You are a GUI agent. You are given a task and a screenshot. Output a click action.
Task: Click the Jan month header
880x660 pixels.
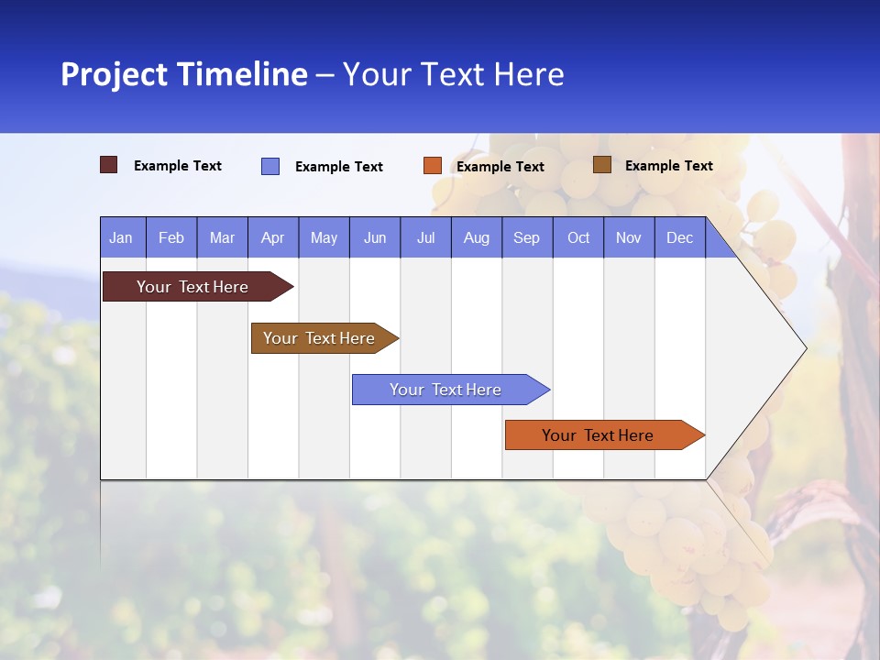(122, 237)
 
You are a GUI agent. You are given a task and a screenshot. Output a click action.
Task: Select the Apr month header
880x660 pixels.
(273, 237)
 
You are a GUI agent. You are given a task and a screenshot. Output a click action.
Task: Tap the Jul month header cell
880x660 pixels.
(425, 237)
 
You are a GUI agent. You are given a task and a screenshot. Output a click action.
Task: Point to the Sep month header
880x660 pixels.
(527, 237)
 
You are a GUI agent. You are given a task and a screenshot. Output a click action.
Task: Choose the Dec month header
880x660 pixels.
(679, 237)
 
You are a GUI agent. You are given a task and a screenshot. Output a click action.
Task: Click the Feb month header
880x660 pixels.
(171, 237)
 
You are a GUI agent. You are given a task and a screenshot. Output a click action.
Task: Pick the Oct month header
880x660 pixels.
(578, 237)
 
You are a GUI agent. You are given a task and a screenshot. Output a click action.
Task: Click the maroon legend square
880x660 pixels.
(109, 165)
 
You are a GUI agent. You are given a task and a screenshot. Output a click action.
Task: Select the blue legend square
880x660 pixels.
(270, 166)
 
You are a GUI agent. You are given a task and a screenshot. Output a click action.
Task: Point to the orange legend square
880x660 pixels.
(433, 166)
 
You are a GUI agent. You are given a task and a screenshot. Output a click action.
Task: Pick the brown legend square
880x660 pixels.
(602, 165)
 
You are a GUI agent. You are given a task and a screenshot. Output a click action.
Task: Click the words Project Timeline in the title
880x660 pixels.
(184, 74)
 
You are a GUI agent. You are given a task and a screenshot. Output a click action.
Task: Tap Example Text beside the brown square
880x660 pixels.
(668, 166)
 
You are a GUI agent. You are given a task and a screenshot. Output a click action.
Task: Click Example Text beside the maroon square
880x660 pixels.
(177, 166)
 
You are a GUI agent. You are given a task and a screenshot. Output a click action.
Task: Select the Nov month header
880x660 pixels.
(629, 237)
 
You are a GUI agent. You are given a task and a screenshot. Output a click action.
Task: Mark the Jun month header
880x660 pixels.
(375, 237)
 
